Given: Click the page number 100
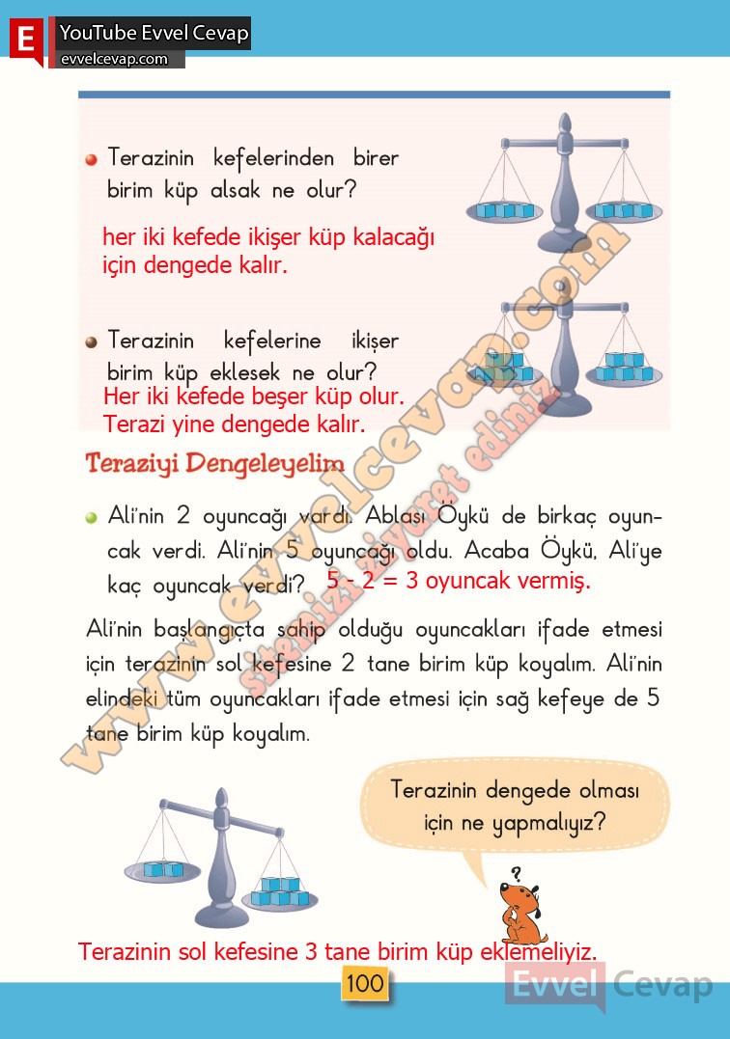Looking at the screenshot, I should point(364,984).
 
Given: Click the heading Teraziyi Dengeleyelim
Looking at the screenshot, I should point(214,463).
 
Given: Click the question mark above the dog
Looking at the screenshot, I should point(517,873).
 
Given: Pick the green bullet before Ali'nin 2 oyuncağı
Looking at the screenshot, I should point(91,518).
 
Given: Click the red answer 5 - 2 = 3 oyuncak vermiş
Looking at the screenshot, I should point(458,582).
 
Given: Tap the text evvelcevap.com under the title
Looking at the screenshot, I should point(114,60).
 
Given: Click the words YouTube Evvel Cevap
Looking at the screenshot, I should point(154,34).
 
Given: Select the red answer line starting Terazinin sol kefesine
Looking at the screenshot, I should point(337,952).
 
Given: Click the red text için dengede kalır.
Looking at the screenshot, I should point(195,264).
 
